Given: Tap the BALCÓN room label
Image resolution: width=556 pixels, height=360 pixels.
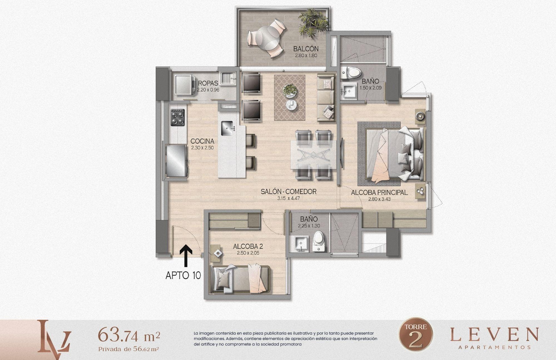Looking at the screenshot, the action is (x=306, y=49).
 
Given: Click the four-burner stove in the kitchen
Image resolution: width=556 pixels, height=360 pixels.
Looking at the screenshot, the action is (x=178, y=118).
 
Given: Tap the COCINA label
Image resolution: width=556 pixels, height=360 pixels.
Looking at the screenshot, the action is (x=202, y=141).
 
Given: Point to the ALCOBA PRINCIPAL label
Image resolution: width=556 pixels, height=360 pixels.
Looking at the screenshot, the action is (x=379, y=193).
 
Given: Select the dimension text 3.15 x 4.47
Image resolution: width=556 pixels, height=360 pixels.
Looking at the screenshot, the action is (x=288, y=198).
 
